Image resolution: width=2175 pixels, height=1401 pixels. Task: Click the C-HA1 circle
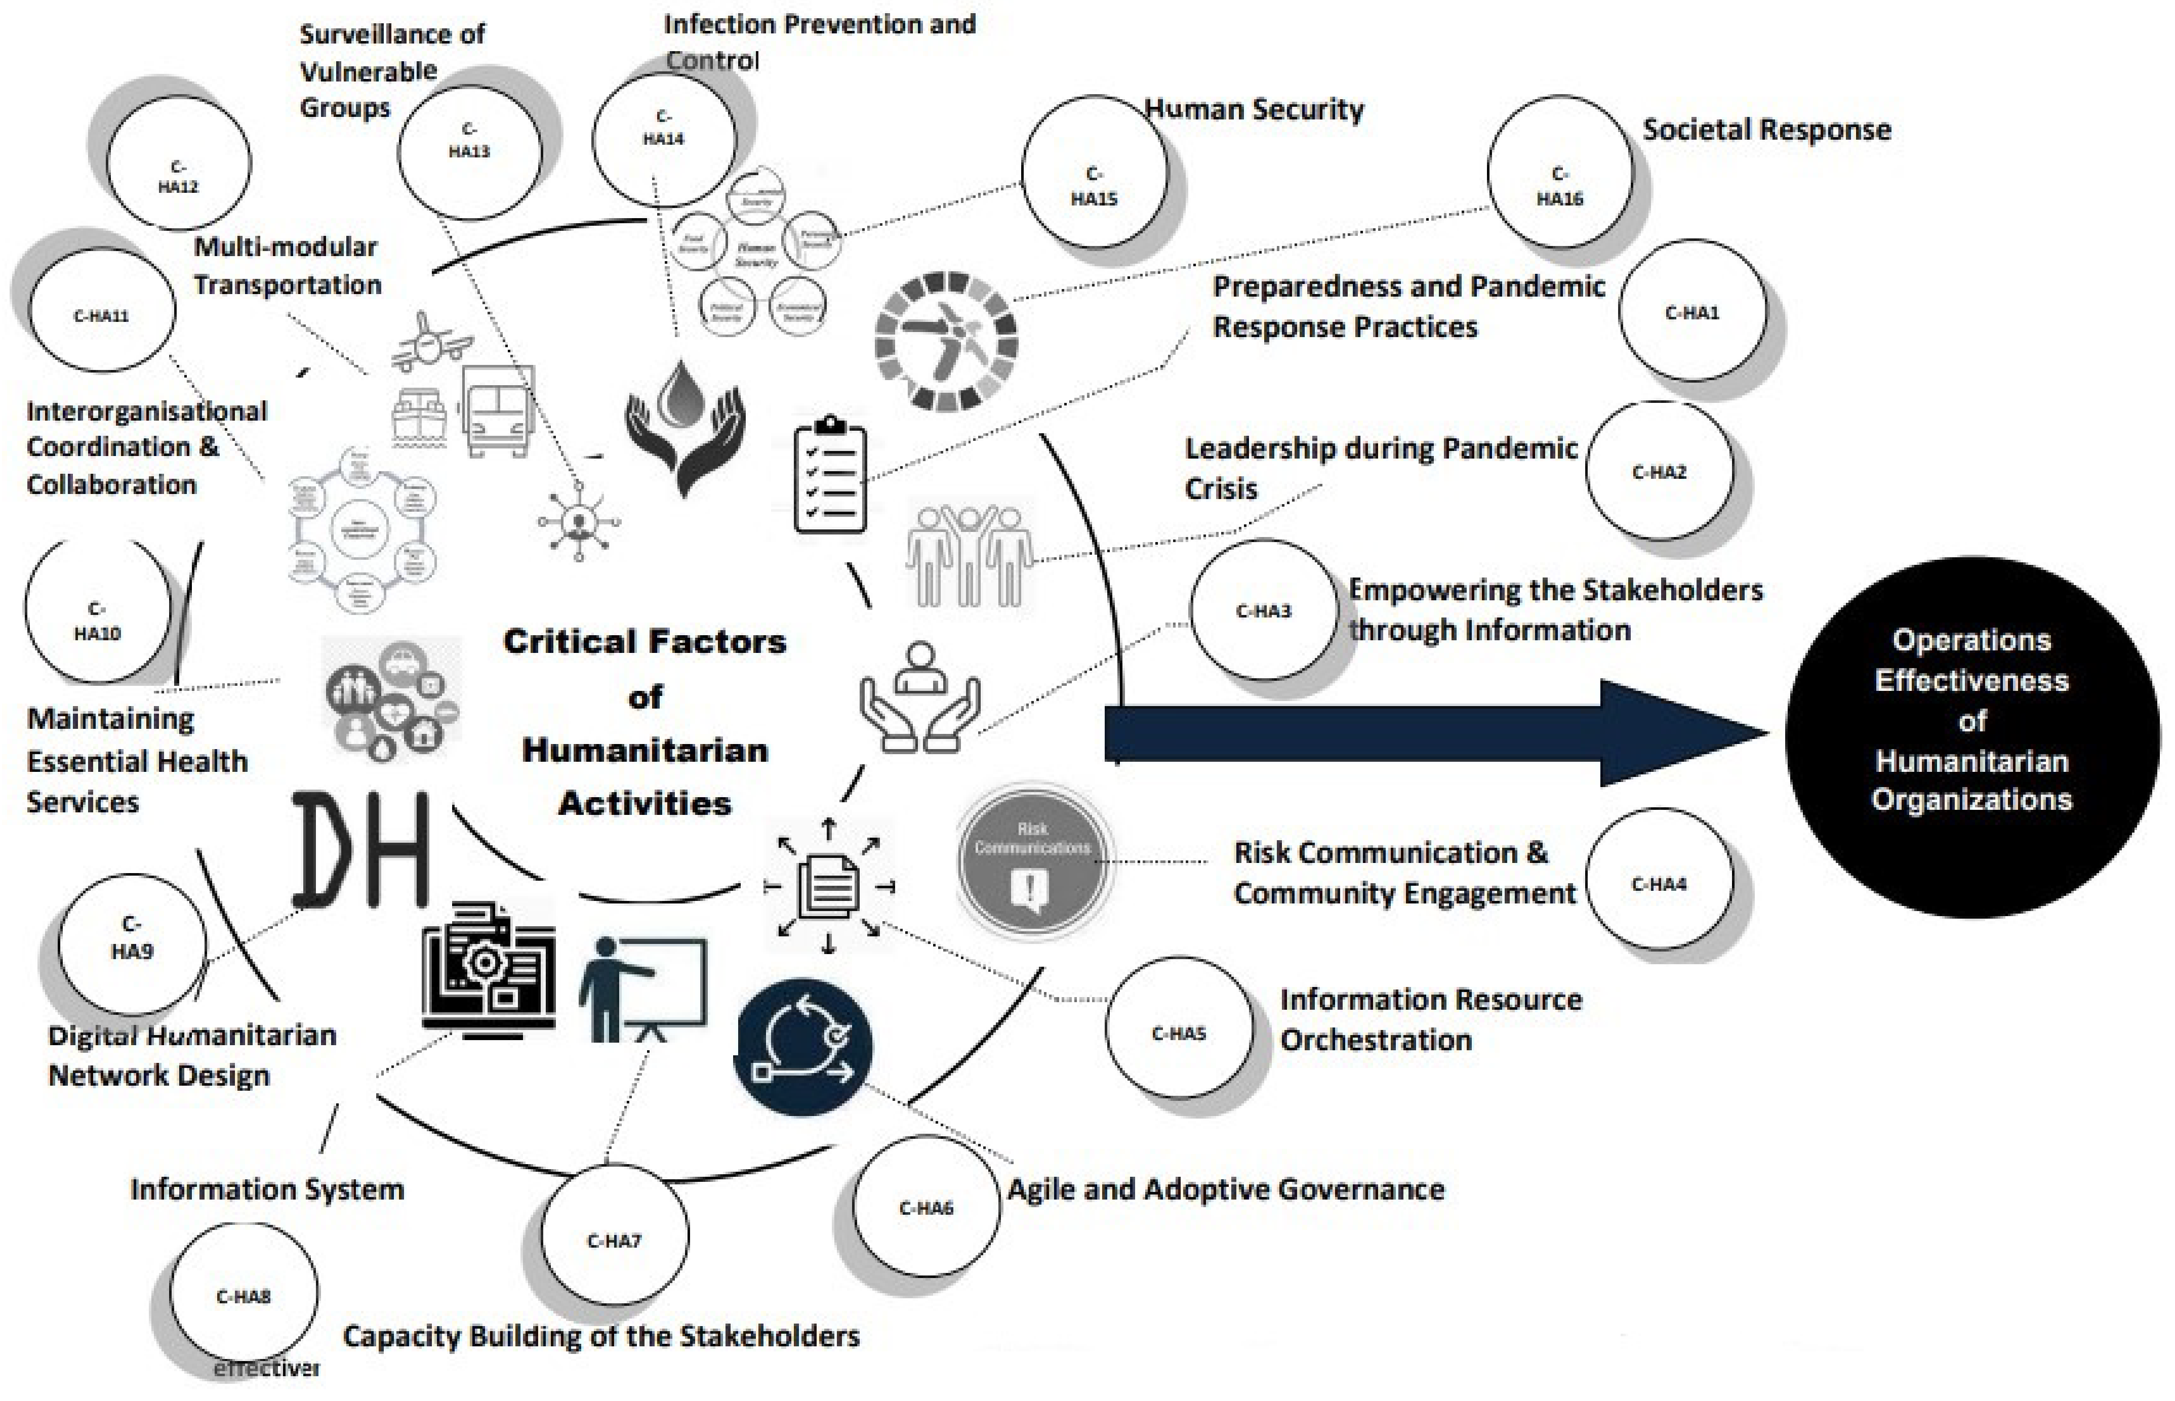[x=1692, y=312]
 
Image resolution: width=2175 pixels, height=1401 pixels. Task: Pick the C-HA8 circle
[x=244, y=1296]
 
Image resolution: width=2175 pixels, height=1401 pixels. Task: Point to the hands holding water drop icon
[x=684, y=423]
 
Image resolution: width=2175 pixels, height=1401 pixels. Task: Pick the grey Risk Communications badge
[x=1033, y=860]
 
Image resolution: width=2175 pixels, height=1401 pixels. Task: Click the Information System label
[x=267, y=1189]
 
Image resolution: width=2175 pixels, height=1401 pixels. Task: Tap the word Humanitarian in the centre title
[x=645, y=751]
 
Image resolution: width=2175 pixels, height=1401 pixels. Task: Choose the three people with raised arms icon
[x=969, y=555]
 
